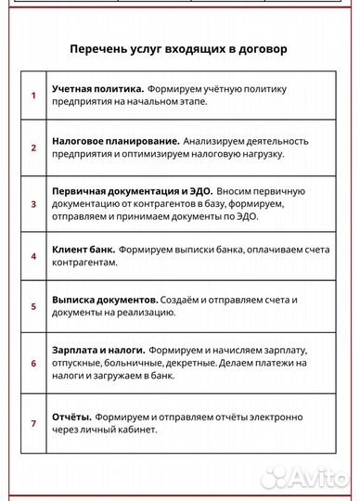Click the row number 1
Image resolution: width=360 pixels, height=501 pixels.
33,95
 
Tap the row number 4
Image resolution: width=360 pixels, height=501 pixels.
33,256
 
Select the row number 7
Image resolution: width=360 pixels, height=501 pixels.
33,423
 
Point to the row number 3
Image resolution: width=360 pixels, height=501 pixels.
33,202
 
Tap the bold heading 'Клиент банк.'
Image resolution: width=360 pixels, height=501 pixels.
84,250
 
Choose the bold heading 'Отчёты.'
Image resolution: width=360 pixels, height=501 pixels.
71,417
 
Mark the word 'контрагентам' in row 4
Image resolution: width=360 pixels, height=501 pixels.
84,263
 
